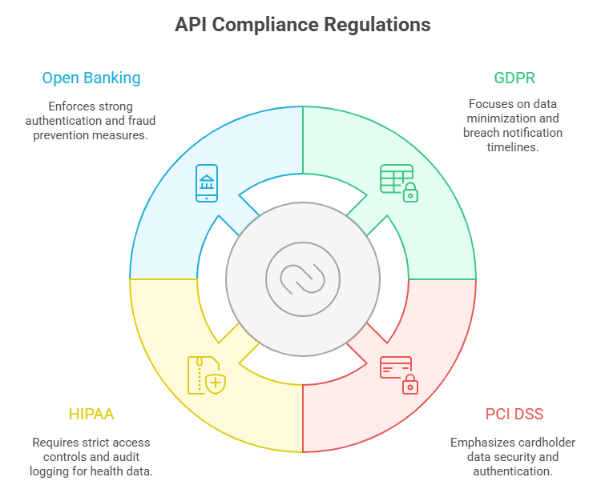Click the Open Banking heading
tap(91, 78)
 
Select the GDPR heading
tap(514, 78)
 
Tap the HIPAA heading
tap(91, 414)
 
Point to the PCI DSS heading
tap(514, 414)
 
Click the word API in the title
tap(192, 25)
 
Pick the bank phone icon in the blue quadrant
tap(207, 183)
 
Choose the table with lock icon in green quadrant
tap(398, 183)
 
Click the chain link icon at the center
tap(302, 279)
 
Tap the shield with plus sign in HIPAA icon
tap(215, 383)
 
